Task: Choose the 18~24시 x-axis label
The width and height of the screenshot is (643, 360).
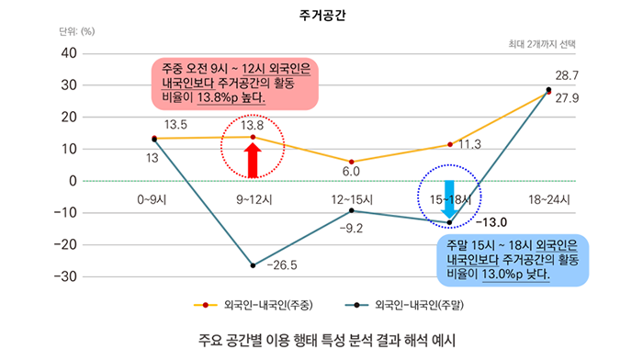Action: (x=549, y=198)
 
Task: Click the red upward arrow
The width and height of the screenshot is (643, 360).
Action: (x=253, y=158)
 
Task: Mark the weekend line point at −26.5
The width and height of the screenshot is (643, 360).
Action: (x=253, y=265)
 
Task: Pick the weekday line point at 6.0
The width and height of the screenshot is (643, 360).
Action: (x=352, y=162)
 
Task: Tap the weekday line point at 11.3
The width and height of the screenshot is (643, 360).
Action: (x=450, y=144)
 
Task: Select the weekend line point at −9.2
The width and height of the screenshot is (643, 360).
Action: (x=352, y=210)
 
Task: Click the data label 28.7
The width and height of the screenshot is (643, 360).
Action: (x=567, y=75)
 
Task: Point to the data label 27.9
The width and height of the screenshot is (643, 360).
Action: (x=567, y=98)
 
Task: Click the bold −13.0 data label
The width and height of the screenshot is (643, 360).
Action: (x=491, y=222)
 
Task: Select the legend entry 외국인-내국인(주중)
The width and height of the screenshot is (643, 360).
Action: (x=267, y=305)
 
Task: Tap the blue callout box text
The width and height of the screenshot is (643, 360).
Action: (x=506, y=261)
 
